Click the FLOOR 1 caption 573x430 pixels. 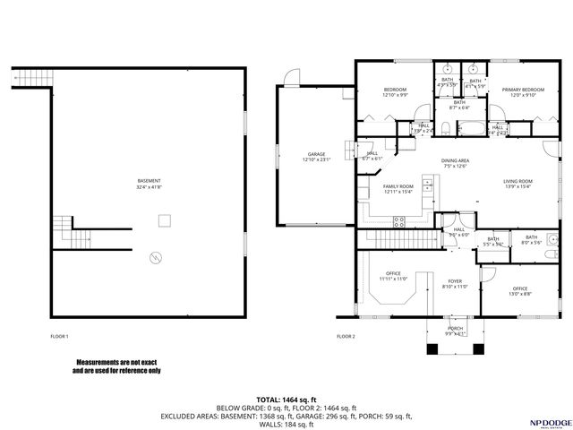click(x=60, y=336)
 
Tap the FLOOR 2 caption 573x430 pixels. click(x=346, y=336)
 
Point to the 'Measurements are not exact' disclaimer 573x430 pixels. click(x=116, y=366)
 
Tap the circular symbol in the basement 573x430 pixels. click(x=158, y=258)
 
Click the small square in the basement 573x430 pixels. click(x=164, y=219)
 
